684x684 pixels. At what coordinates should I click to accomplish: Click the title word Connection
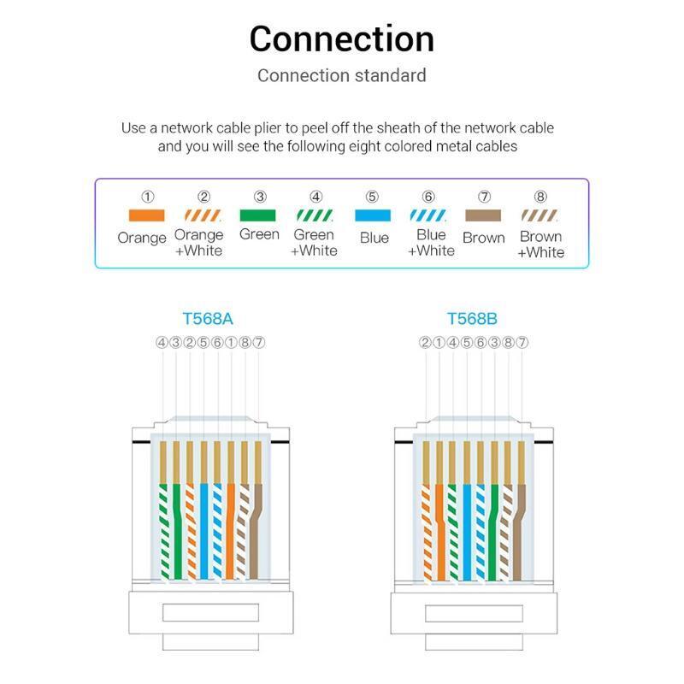pyautogui.click(x=341, y=38)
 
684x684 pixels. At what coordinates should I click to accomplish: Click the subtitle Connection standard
pyautogui.click(x=341, y=75)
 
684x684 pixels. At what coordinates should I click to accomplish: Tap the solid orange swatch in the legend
pyautogui.click(x=146, y=215)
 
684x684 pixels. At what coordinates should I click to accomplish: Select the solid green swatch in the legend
pyautogui.click(x=258, y=215)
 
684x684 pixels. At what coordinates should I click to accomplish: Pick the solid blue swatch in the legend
pyautogui.click(x=373, y=215)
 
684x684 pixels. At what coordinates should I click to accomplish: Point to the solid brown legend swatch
pyautogui.click(x=483, y=215)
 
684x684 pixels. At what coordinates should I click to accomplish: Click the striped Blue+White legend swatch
pyautogui.click(x=428, y=215)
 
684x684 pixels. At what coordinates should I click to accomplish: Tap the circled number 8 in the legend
pyautogui.click(x=540, y=197)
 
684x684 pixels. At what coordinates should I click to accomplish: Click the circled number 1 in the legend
pyautogui.click(x=147, y=197)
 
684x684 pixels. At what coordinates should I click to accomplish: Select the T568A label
pyautogui.click(x=208, y=319)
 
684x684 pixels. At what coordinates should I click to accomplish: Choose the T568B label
pyautogui.click(x=472, y=319)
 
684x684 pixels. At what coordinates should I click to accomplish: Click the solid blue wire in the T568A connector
pyautogui.click(x=203, y=531)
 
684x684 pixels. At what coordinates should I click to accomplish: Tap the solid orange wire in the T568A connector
pyautogui.click(x=230, y=531)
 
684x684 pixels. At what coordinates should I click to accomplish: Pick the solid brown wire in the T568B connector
pyautogui.click(x=519, y=532)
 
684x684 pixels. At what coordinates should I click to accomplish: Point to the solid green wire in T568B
pyautogui.click(x=493, y=532)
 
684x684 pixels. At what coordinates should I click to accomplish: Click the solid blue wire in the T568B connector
pyautogui.click(x=467, y=532)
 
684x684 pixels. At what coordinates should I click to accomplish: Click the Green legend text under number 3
pyautogui.click(x=260, y=234)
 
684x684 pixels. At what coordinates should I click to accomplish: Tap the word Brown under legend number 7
pyautogui.click(x=484, y=239)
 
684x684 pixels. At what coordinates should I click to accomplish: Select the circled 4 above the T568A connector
pyautogui.click(x=162, y=343)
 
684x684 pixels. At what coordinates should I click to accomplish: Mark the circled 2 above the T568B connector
pyautogui.click(x=425, y=343)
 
